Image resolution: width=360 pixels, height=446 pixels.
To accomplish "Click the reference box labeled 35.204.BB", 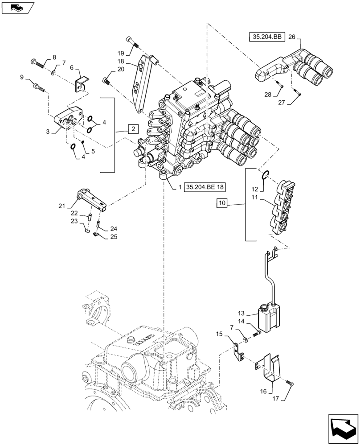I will (x=266, y=38).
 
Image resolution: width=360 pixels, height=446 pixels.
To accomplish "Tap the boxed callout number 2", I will (x=132, y=129).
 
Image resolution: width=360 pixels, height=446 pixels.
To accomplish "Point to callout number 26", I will (x=292, y=37).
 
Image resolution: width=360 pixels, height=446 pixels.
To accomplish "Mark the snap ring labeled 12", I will (x=265, y=175).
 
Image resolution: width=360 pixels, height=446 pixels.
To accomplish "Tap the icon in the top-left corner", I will (x=18, y=8).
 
